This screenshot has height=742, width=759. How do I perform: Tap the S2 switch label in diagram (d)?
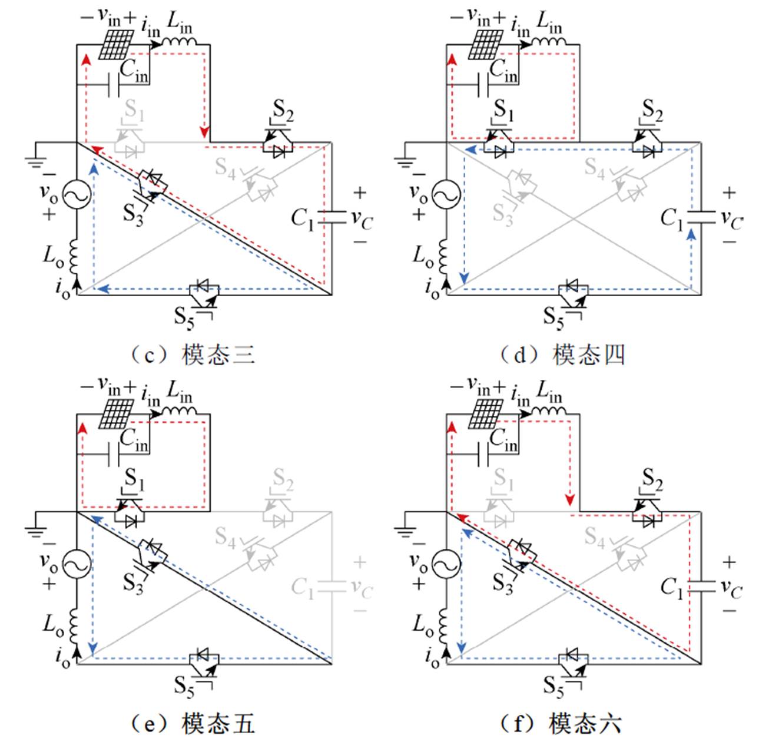click(652, 110)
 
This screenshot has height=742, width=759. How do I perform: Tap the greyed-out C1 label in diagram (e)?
click(304, 587)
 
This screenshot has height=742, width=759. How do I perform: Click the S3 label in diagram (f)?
click(502, 583)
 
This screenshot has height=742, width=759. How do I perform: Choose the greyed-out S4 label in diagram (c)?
click(225, 167)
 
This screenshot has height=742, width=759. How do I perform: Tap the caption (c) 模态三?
click(192, 355)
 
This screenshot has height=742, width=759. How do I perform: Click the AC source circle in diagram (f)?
click(446, 565)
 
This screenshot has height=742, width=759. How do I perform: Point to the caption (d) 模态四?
click(561, 355)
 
